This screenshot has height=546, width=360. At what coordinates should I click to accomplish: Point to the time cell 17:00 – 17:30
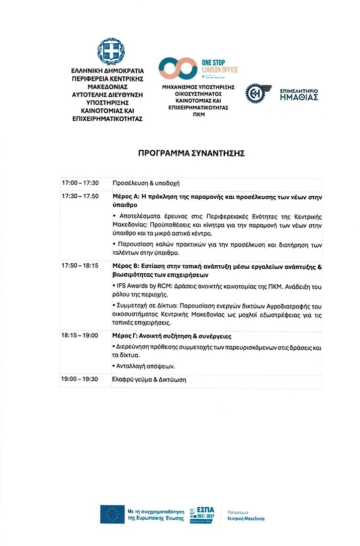coord(80,183)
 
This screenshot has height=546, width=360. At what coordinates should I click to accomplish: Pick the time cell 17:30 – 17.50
coord(80,196)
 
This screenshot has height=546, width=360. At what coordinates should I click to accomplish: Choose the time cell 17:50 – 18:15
coord(80,265)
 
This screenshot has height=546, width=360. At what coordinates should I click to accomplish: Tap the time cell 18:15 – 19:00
coord(80,335)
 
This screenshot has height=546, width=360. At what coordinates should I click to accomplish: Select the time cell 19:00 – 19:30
coord(80,379)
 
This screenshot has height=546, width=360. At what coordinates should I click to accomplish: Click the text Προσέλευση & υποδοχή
coord(146,183)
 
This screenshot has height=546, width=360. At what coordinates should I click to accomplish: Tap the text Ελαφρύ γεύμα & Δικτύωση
coord(149,380)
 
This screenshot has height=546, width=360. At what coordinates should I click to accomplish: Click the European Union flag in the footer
coord(112,514)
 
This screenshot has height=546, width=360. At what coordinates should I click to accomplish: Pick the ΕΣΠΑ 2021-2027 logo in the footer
coord(201,514)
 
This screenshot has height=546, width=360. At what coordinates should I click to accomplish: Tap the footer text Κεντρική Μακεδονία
coord(246,518)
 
